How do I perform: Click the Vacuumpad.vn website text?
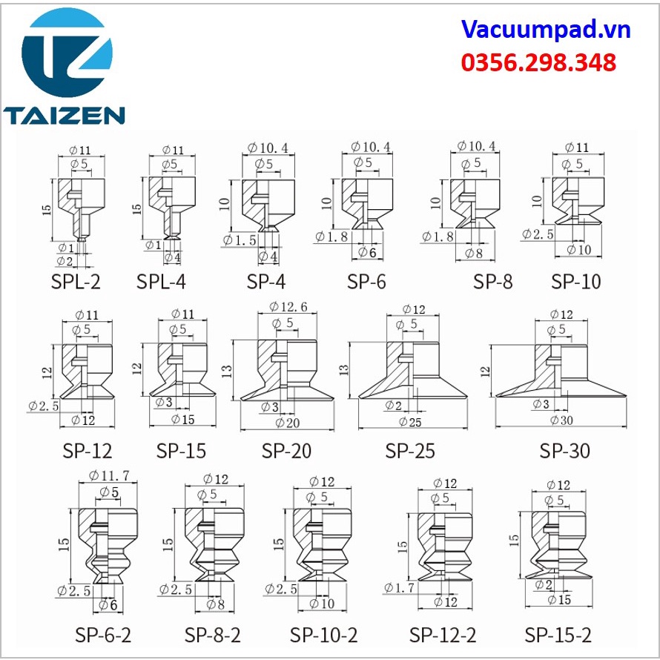tap(546, 30)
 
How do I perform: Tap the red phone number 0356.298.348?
tap(538, 62)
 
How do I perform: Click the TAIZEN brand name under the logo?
tap(64, 115)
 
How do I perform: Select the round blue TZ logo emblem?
tap(67, 52)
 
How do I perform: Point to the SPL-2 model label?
tap(76, 282)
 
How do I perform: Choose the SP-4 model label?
tap(266, 282)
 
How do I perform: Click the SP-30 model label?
tap(565, 451)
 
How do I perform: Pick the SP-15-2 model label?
tap(558, 635)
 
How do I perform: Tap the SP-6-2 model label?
tap(103, 635)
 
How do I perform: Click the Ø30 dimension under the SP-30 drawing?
tap(561, 420)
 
